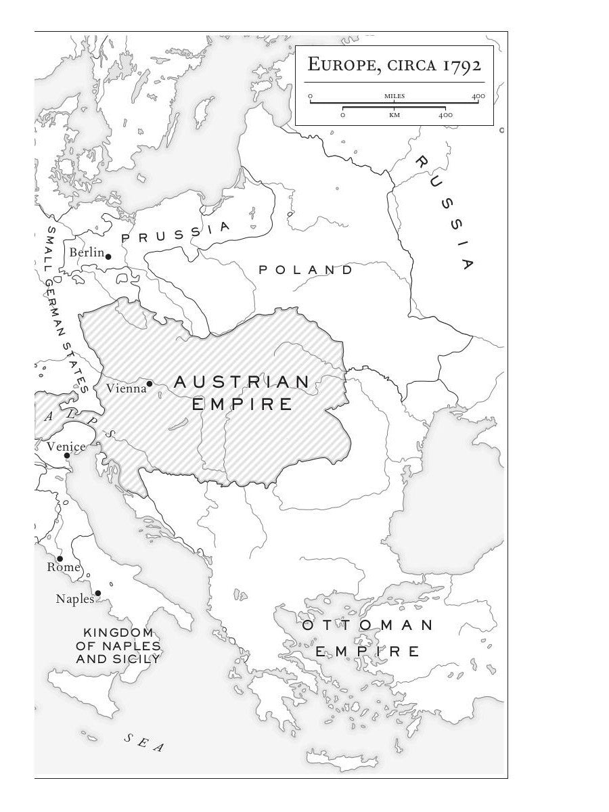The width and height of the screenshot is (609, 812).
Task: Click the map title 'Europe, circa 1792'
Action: click(394, 66)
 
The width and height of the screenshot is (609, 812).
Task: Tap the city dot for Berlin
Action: click(108, 256)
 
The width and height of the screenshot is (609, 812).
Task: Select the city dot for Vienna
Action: click(150, 383)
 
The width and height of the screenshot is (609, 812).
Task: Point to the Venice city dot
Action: click(67, 455)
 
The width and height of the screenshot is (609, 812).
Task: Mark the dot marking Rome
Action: click(60, 559)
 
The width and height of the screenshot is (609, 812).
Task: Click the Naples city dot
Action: click(98, 593)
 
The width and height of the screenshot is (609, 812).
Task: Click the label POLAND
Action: click(306, 270)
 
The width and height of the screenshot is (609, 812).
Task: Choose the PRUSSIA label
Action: click(176, 233)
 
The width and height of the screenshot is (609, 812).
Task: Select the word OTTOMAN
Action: click(367, 625)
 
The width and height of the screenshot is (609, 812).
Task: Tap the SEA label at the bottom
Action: click(144, 742)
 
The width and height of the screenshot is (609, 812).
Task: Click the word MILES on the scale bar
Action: click(394, 96)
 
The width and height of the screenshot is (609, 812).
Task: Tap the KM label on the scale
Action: click(394, 115)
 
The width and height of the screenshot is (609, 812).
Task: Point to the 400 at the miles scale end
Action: click(478, 96)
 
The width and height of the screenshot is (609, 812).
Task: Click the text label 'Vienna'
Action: click(126, 388)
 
